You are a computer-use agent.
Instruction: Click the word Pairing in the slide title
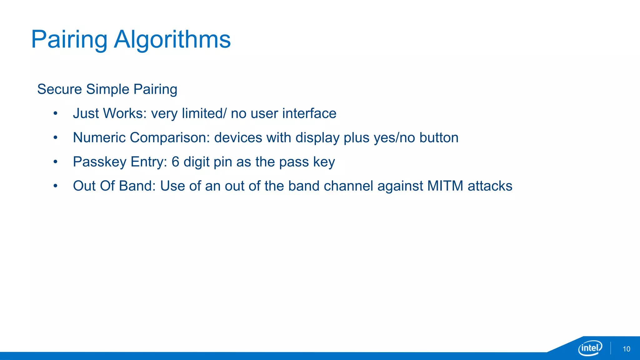click(x=69, y=40)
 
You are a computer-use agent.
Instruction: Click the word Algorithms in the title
click(x=172, y=40)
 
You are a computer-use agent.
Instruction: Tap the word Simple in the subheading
click(x=107, y=89)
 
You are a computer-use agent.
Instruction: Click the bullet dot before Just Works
click(x=55, y=113)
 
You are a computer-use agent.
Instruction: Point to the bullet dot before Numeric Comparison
click(x=55, y=137)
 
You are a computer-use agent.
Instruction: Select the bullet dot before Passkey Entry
click(x=55, y=162)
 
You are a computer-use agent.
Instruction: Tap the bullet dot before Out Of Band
click(x=55, y=186)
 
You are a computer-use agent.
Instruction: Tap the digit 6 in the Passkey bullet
click(x=175, y=162)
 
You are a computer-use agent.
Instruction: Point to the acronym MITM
click(x=445, y=186)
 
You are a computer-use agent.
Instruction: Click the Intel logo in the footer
click(x=590, y=348)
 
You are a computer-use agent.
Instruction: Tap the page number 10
click(x=626, y=349)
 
